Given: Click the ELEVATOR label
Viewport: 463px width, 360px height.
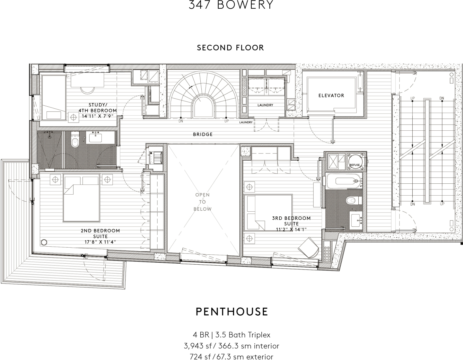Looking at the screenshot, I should pos(331,95).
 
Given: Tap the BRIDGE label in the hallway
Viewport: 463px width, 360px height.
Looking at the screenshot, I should pos(203,134).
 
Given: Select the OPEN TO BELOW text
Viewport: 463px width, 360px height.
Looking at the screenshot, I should pos(202,202).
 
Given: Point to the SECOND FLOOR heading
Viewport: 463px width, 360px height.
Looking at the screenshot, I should pos(230,48).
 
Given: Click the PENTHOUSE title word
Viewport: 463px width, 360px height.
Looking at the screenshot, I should pos(232,312).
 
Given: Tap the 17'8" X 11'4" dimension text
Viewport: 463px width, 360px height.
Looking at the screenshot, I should pos(100,242).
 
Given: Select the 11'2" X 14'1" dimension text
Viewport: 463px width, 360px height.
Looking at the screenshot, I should pos(291,229).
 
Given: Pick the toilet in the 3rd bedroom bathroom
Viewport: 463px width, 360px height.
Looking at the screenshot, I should pos(353,201).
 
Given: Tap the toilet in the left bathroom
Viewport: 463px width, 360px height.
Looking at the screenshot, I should pos(75,141).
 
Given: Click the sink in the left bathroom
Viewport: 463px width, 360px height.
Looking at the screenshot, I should pos(95,137).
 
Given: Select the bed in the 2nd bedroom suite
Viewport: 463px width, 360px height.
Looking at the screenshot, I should pos(81,198).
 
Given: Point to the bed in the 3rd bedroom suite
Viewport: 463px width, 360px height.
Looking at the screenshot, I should pos(268,213).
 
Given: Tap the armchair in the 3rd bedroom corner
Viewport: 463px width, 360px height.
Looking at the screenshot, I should pos(309,247).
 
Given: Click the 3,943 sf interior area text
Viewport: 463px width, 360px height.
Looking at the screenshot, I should pos(231,346).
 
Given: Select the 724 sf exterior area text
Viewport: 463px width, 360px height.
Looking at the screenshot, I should pos(231,356).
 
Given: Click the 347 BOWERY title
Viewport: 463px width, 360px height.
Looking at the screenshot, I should pos(231,5).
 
